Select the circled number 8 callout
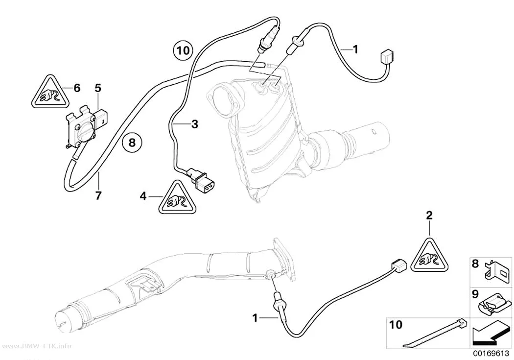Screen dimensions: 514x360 (132, 143)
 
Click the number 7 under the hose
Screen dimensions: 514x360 (98, 195)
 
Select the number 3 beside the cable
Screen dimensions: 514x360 (195, 124)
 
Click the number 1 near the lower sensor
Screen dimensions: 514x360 (255, 318)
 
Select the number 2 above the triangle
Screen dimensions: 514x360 (429, 216)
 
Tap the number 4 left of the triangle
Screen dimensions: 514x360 (143, 196)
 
